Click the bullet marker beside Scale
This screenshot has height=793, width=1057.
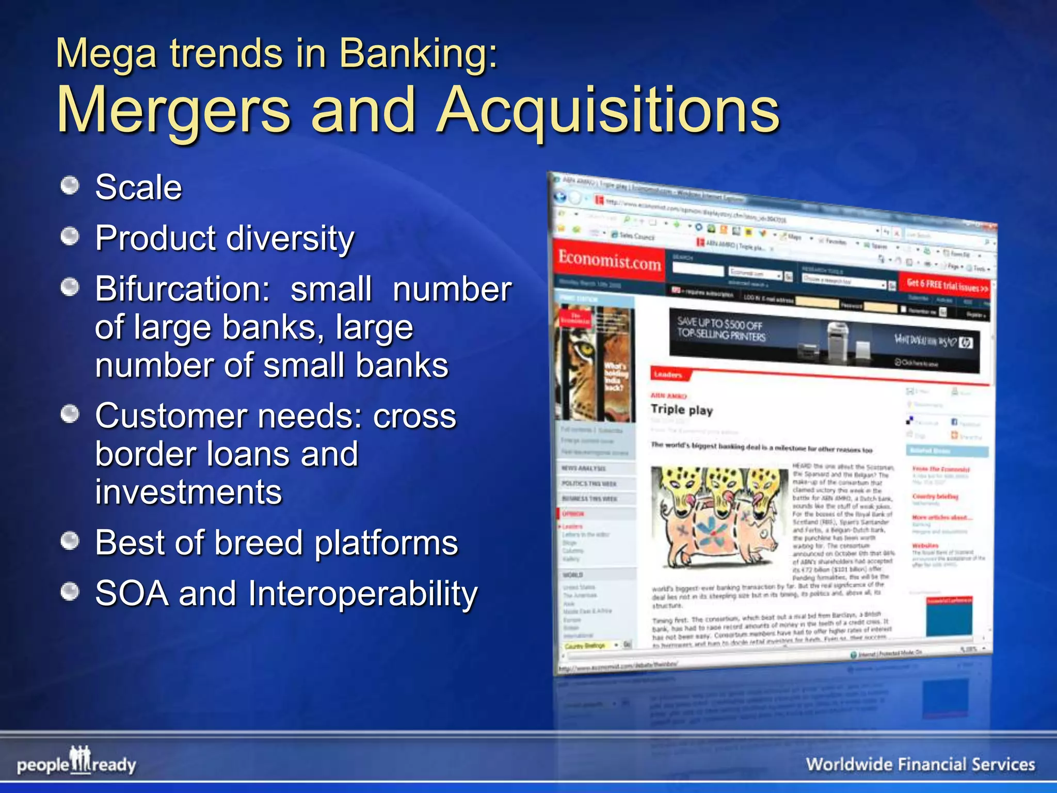point(70,185)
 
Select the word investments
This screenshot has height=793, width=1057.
point(188,492)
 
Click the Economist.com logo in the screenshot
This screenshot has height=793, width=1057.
point(609,260)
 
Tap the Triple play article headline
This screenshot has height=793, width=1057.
point(681,410)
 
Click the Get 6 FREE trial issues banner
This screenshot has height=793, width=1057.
point(947,285)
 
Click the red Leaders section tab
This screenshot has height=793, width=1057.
point(668,374)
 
